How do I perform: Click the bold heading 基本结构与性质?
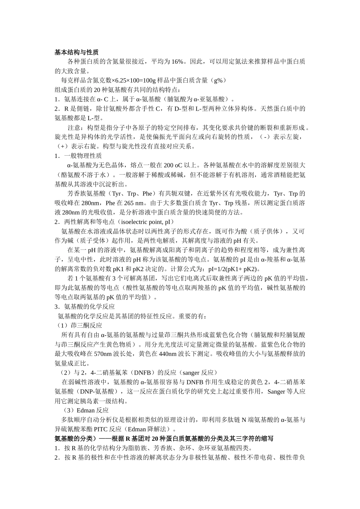click(77, 52)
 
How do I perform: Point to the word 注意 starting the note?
click(74, 127)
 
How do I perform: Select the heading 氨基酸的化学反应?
click(89, 307)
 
